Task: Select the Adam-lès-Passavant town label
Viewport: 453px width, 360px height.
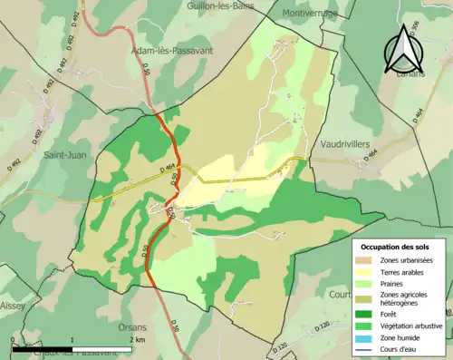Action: tap(172, 51)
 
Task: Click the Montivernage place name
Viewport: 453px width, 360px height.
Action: tap(309, 14)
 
